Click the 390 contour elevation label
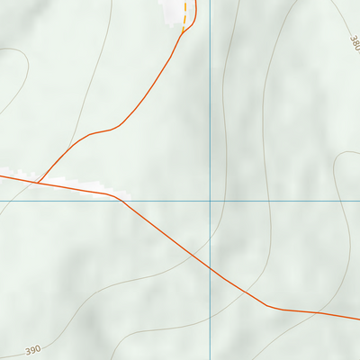(33, 350)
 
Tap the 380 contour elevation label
(353, 42)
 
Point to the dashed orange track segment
(186, 13)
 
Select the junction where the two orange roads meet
(38, 182)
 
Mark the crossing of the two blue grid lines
(211, 200)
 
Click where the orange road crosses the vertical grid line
(211, 268)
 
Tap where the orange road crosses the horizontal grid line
(123, 200)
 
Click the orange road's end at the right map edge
(358, 318)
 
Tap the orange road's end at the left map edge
(1, 176)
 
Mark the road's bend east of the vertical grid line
(267, 306)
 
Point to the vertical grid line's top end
(211, 1)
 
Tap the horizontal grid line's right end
(358, 200)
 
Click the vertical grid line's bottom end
(211, 358)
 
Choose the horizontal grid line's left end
(1, 200)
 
